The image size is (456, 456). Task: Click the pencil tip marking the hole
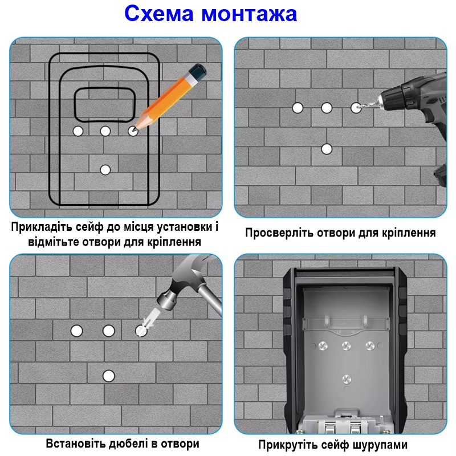pos(135,129)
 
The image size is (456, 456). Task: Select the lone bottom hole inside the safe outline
pos(105,169)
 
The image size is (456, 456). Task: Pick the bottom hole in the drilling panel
pos(327,149)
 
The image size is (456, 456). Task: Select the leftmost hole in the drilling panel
pos(297,107)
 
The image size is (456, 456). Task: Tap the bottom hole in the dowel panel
pos(108,375)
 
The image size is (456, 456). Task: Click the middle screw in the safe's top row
pos(346,345)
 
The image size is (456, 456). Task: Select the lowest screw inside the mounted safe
pos(346,378)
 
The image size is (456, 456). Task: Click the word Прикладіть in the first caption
pos(40,227)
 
